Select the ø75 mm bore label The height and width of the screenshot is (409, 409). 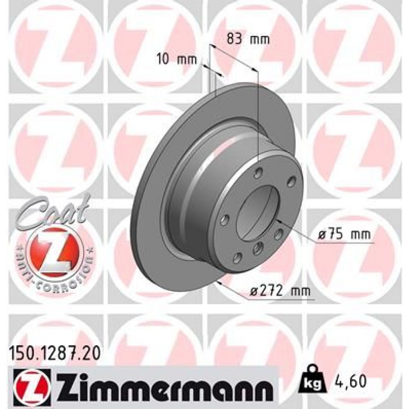[x=344, y=235]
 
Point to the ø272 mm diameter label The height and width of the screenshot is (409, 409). [x=280, y=291]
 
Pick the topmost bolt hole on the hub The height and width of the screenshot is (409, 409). [x=257, y=174]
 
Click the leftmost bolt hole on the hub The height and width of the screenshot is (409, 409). [x=224, y=221]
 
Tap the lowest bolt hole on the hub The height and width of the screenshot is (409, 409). [x=236, y=258]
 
